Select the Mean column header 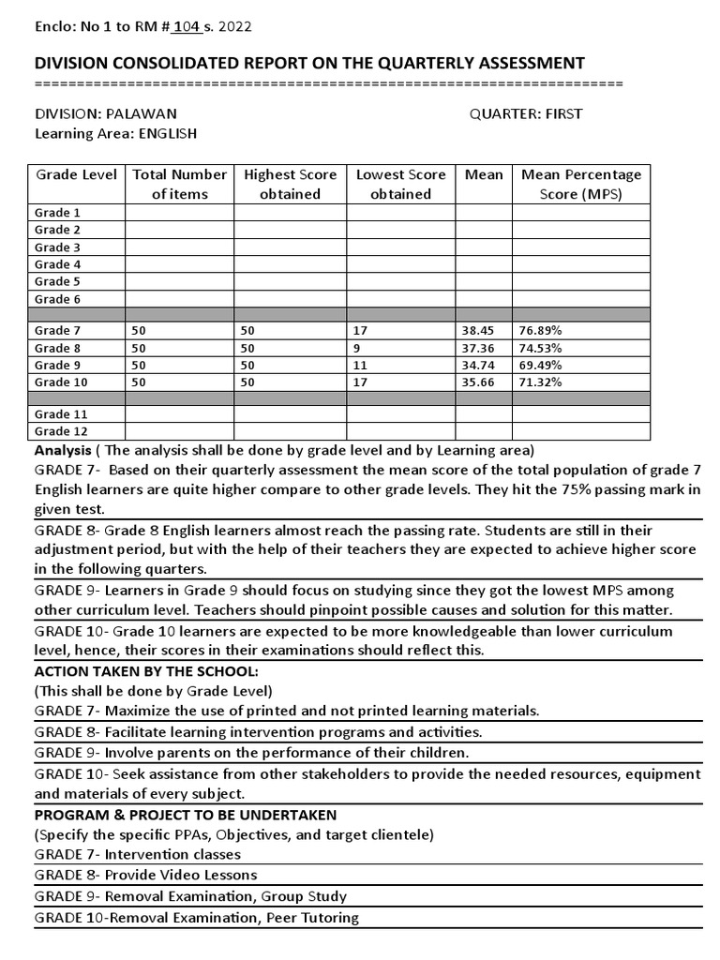click(484, 174)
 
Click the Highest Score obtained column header click(290, 184)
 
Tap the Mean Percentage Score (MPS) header click(580, 184)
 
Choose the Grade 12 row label click(53, 431)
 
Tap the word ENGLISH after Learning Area click(168, 133)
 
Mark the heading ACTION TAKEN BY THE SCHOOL click(145, 671)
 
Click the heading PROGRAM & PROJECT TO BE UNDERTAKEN click(186, 815)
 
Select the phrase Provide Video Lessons click(180, 875)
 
